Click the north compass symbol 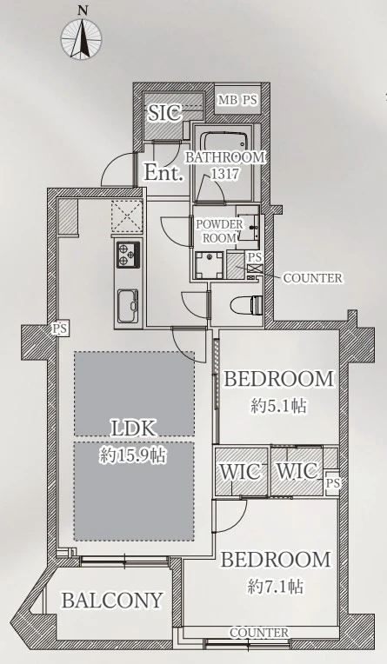82,38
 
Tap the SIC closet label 164,113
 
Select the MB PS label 237,100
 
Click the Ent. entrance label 163,173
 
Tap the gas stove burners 128,255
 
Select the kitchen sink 128,306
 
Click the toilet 247,303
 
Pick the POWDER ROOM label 219,231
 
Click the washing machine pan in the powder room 209,265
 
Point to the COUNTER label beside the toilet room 312,278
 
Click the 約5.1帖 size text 278,406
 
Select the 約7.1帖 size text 275,587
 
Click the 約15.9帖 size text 133,455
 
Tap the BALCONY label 113,600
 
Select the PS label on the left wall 61,329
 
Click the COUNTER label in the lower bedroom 259,633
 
